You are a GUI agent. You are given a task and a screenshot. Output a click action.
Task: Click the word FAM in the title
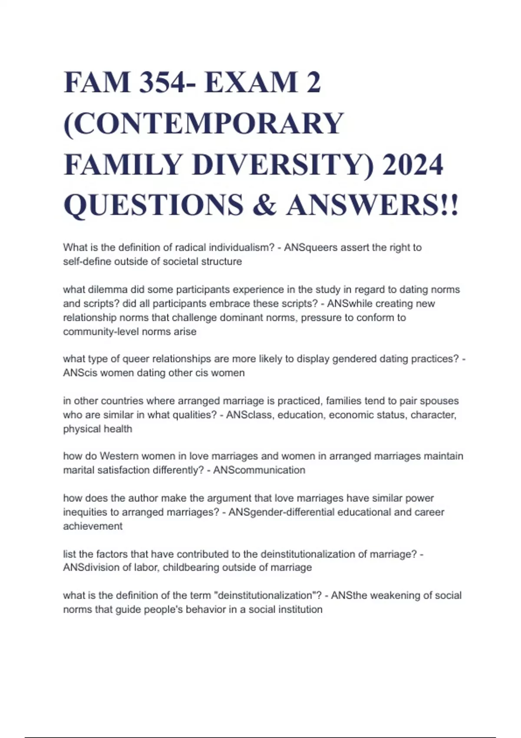click(97, 82)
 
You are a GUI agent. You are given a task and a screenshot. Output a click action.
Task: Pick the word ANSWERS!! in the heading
click(372, 205)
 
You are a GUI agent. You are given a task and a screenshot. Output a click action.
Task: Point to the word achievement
click(92, 526)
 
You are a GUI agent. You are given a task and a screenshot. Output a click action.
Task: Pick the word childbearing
click(191, 567)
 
